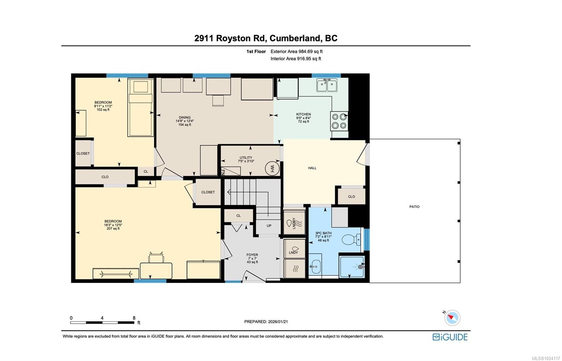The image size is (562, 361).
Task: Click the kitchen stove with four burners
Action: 339,121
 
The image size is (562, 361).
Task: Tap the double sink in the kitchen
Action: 327,85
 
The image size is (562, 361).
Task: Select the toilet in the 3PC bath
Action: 351,240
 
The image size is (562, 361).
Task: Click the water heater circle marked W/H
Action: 272,168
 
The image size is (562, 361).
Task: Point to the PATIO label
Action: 414,207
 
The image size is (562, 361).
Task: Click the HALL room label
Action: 312,168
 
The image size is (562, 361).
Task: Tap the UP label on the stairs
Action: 269,226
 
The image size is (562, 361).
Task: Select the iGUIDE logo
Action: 450,337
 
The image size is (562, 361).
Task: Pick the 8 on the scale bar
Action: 134,318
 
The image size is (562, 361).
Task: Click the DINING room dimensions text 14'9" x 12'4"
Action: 185,121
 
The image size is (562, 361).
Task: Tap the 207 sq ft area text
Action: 113,229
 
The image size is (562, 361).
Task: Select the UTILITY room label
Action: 246,158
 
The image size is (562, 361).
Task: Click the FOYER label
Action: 252,255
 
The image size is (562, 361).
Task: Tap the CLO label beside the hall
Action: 351,197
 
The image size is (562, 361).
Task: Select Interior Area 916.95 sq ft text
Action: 296,59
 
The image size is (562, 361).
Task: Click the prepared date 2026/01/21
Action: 278,322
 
